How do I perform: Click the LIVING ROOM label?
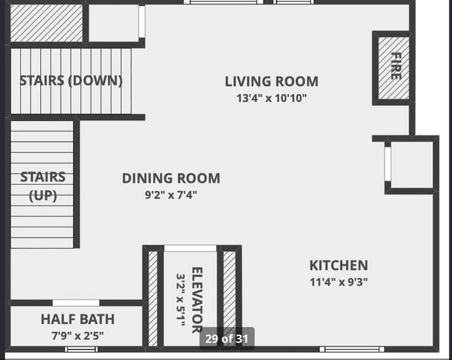pyautogui.click(x=271, y=81)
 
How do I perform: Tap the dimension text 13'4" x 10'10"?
pyautogui.click(x=271, y=98)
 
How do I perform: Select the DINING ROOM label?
pyautogui.click(x=171, y=178)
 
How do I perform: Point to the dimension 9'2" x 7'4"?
pyautogui.click(x=171, y=195)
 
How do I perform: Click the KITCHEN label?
pyautogui.click(x=339, y=266)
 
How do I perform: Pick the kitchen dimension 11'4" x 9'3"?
pyautogui.click(x=339, y=282)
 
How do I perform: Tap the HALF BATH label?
pyautogui.click(x=78, y=320)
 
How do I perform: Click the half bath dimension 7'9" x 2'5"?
pyautogui.click(x=78, y=336)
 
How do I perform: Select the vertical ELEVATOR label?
pyautogui.click(x=197, y=300)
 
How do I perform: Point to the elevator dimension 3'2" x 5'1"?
pyautogui.click(x=181, y=300)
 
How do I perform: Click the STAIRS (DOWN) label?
pyautogui.click(x=71, y=80)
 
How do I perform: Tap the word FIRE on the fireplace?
pyautogui.click(x=396, y=66)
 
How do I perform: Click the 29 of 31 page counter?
pyautogui.click(x=227, y=339)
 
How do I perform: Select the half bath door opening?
pyautogui.click(x=76, y=302)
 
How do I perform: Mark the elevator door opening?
pyautogui.click(x=190, y=249)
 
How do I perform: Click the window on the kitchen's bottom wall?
pyautogui.click(x=352, y=350)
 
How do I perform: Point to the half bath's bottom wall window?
pyautogui.click(x=81, y=350)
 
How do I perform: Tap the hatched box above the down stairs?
pyautogui.click(x=47, y=23)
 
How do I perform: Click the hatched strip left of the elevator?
pyautogui.click(x=153, y=299)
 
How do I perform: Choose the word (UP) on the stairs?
pyautogui.click(x=43, y=196)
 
